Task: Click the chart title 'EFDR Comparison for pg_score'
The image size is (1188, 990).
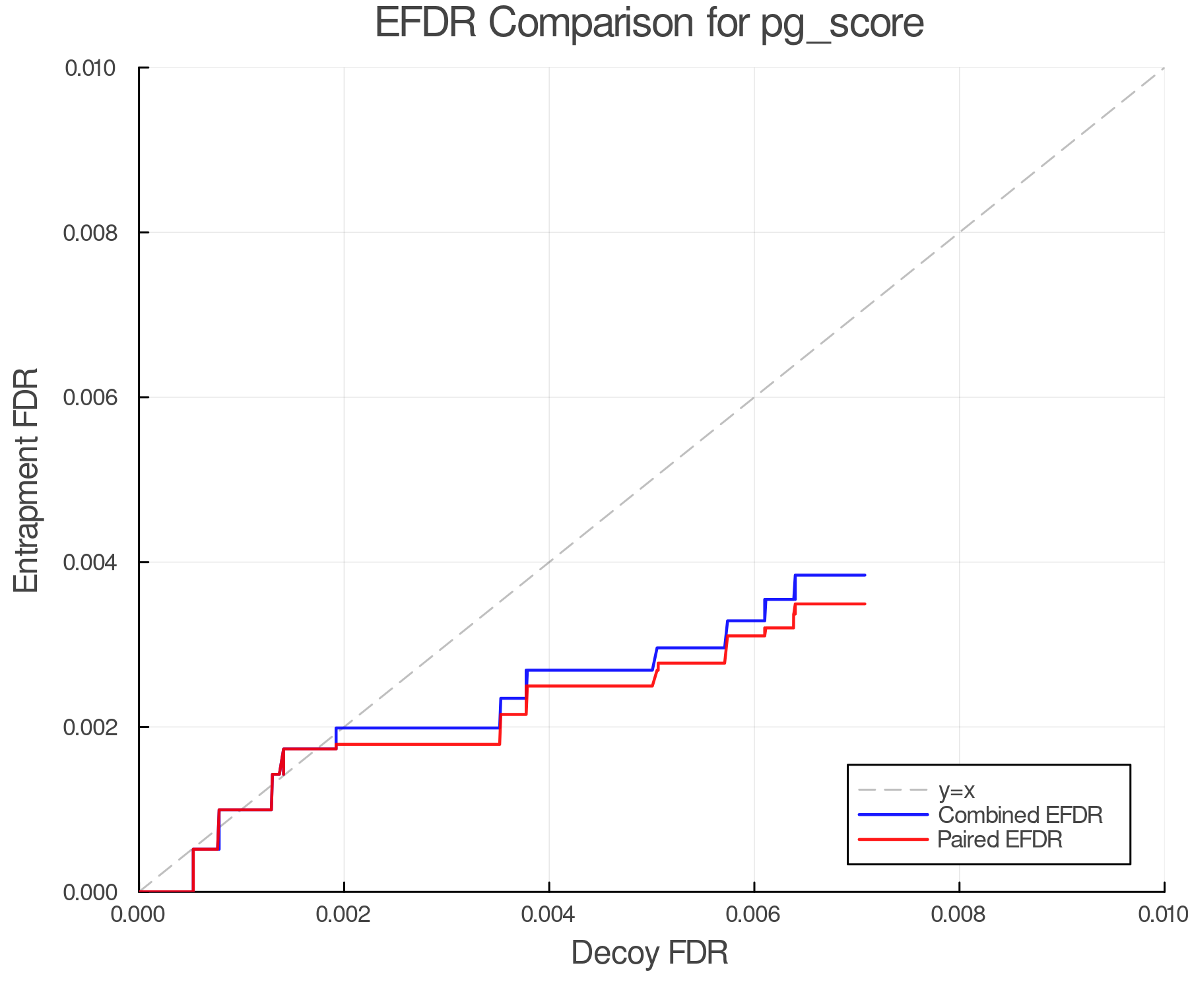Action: point(649,24)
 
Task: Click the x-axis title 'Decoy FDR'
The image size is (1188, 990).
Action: point(649,953)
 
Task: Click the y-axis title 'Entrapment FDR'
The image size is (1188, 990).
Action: point(26,480)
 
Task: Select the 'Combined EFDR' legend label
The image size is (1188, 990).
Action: point(1020,815)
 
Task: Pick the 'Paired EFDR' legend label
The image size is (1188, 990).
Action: point(999,840)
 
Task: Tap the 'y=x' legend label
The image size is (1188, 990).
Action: point(956,790)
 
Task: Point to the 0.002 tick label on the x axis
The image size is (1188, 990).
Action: point(344,915)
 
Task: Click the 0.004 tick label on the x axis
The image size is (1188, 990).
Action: point(549,915)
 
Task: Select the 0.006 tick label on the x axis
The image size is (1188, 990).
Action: point(754,915)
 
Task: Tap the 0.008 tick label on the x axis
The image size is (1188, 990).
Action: point(959,915)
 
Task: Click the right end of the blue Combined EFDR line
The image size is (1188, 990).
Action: point(865,576)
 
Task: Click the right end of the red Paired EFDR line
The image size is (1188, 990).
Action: point(865,604)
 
